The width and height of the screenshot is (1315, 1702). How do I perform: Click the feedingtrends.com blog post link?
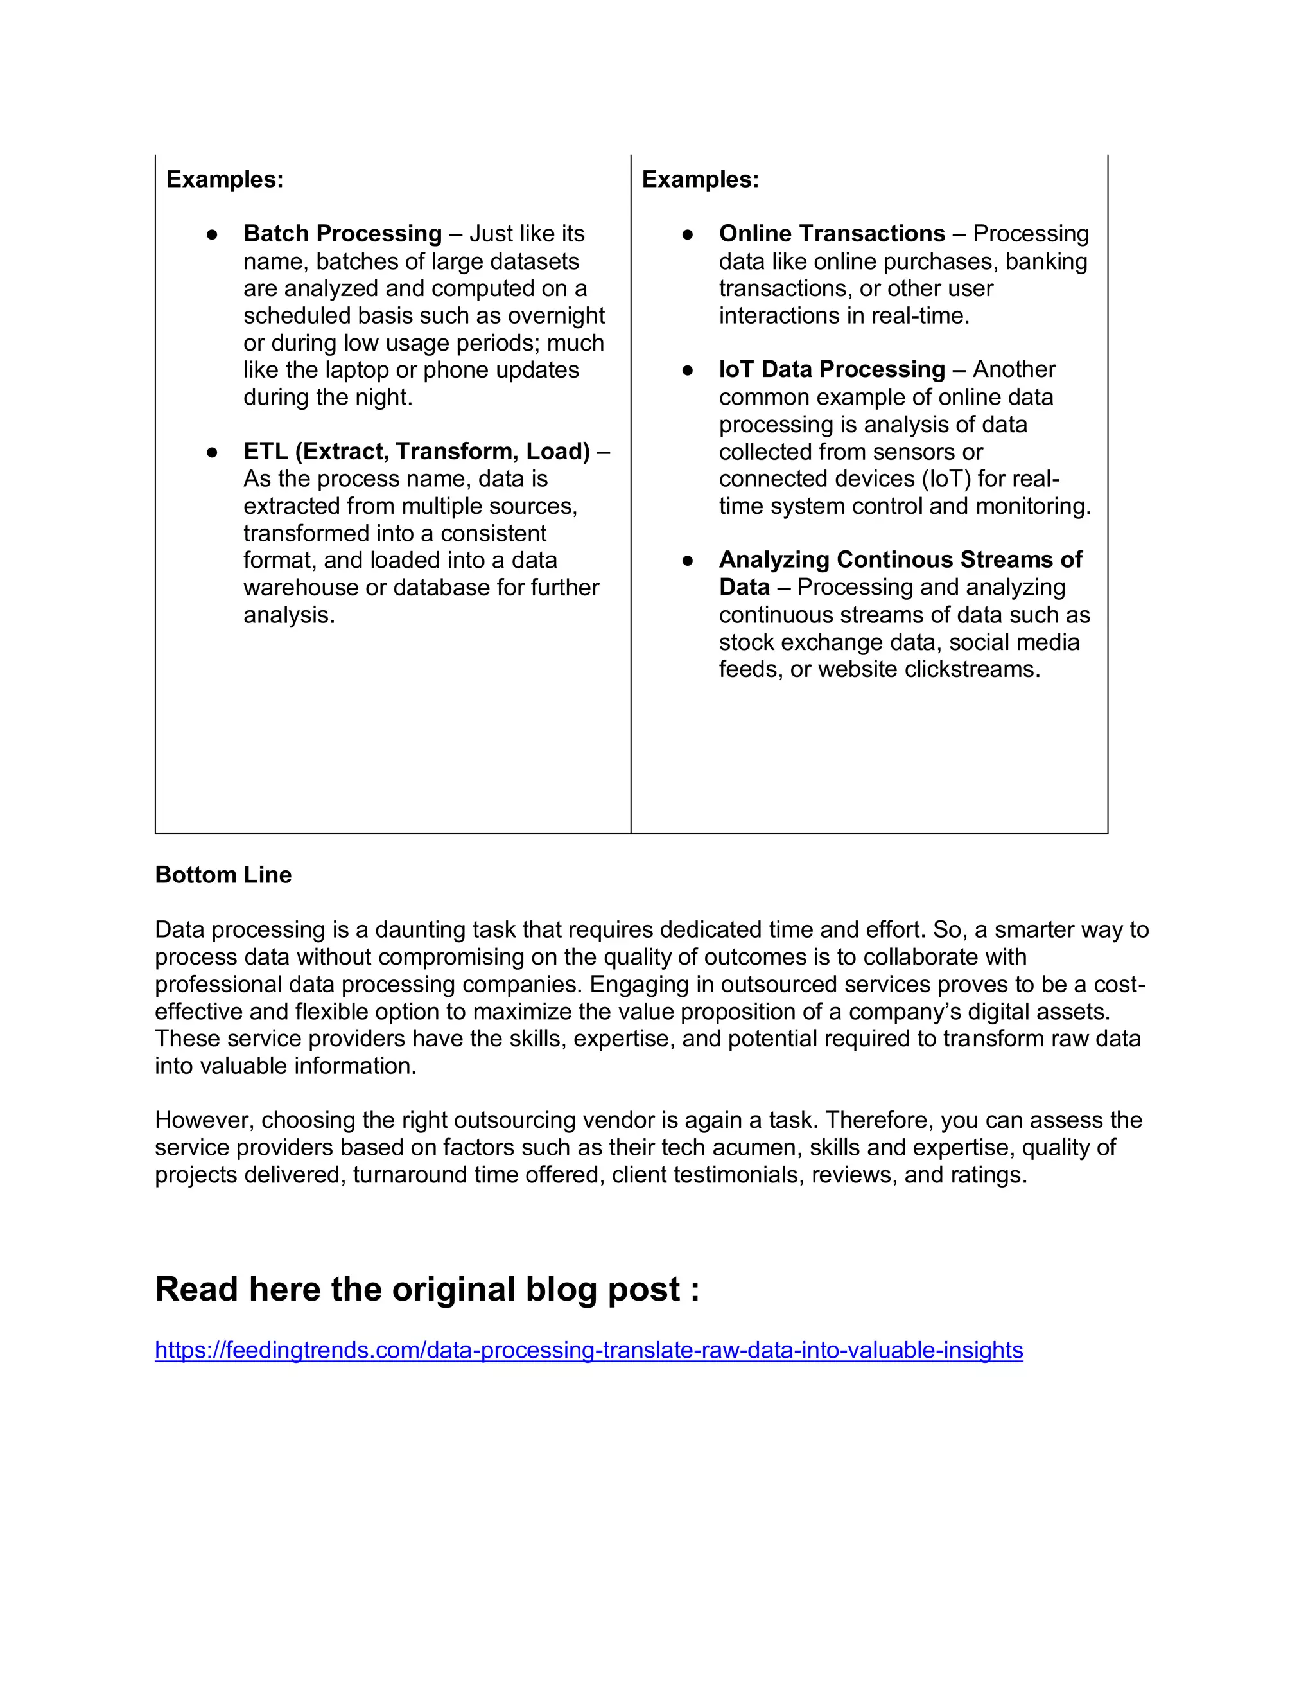588,1350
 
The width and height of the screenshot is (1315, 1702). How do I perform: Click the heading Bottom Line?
223,875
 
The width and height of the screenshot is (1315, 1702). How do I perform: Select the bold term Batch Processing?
342,234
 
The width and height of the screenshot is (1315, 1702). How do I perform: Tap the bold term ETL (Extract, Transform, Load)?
416,452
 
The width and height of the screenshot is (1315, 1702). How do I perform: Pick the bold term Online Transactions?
832,234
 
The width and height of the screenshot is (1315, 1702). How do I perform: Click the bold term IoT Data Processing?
832,369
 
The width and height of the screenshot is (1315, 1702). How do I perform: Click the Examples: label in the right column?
700,179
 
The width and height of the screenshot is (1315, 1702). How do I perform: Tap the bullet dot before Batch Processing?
212,234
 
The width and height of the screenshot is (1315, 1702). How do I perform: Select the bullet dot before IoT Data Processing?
687,370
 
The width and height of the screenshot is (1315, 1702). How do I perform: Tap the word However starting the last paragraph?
204,1120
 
